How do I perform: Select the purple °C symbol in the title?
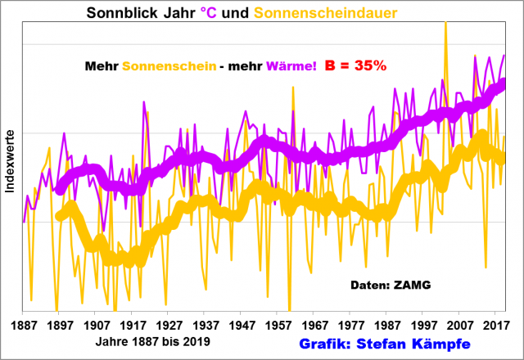coord(209,13)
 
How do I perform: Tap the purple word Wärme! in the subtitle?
coord(287,65)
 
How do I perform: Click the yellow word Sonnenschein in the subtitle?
coord(169,65)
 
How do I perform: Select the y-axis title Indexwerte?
coord(9,161)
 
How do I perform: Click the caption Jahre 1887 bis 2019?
coord(151,341)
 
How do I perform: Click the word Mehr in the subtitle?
coord(101,65)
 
